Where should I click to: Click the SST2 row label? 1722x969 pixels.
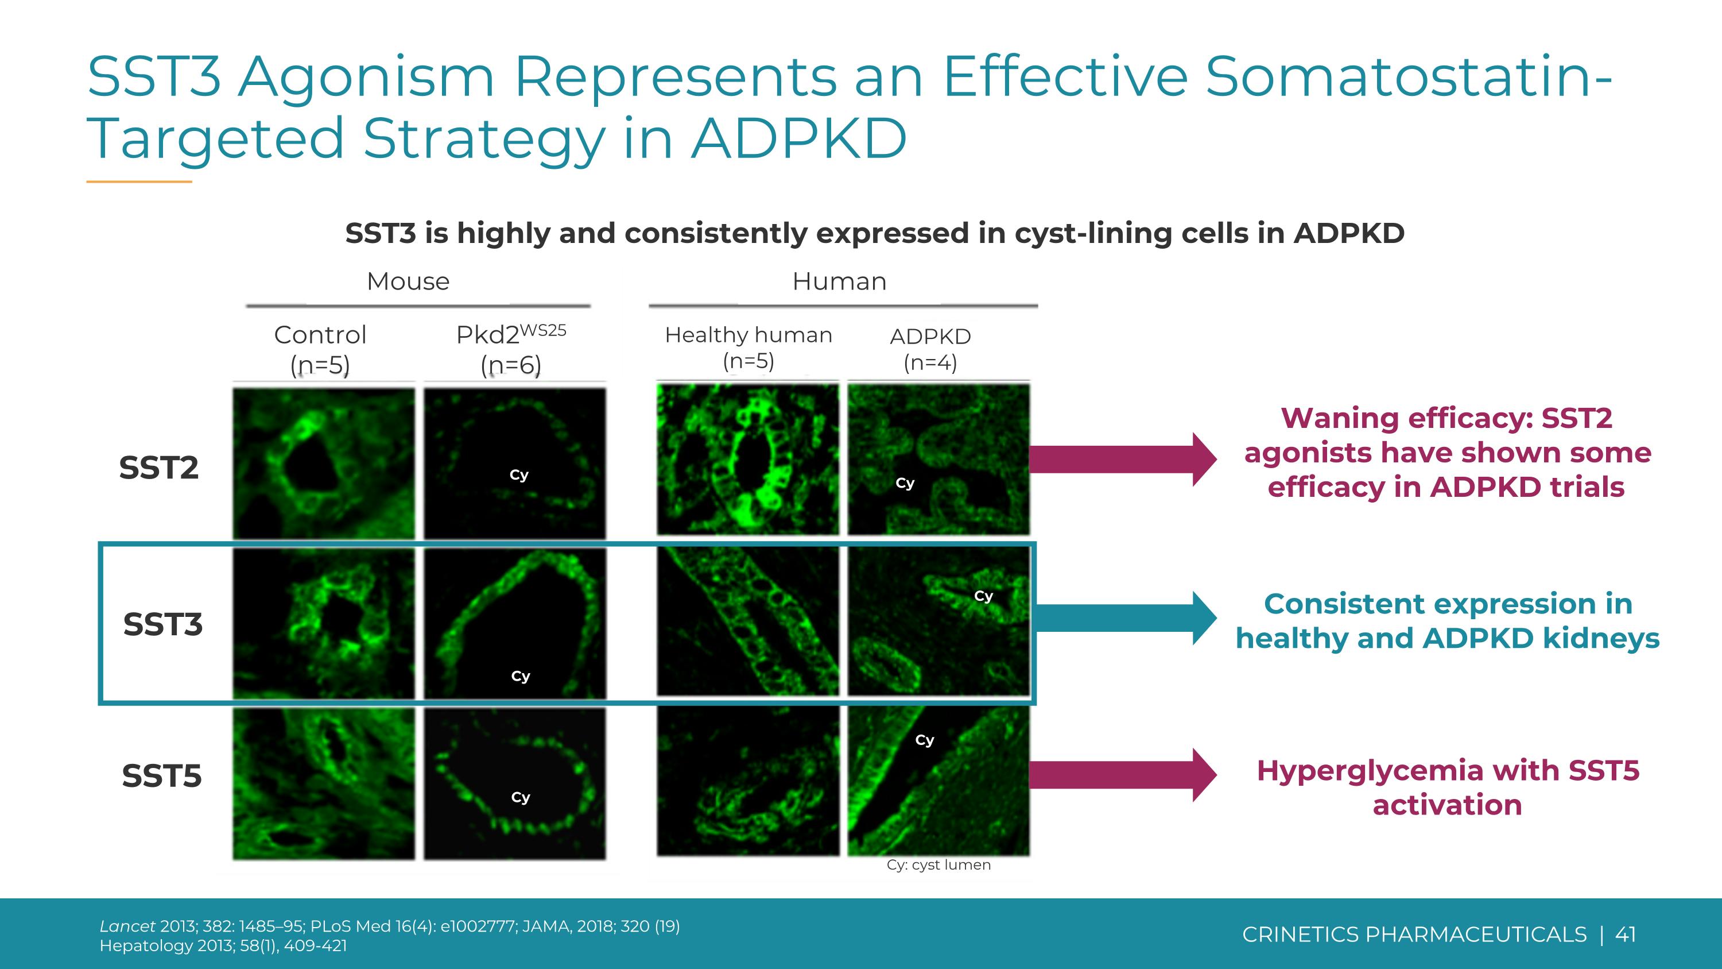tap(158, 468)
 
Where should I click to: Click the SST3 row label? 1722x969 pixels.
tap(162, 624)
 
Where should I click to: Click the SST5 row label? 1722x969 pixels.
tap(161, 776)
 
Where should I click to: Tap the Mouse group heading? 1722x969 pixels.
tap(408, 281)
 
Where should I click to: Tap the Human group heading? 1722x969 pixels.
tap(839, 281)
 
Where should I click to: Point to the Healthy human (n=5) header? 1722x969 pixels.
tap(748, 347)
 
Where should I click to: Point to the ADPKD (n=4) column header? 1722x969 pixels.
tap(930, 349)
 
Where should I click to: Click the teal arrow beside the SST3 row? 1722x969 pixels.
tap(1123, 618)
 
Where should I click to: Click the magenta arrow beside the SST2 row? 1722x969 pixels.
tap(1123, 460)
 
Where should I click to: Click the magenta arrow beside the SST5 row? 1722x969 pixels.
tap(1123, 774)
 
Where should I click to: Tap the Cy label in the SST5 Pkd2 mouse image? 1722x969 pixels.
tap(520, 797)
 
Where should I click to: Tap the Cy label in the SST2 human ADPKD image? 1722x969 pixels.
tap(905, 483)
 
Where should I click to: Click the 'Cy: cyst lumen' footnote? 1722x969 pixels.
tap(938, 864)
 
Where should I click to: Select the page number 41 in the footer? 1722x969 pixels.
tap(1625, 934)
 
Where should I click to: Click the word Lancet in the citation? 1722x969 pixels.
tap(127, 926)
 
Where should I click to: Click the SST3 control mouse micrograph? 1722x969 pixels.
tap(324, 623)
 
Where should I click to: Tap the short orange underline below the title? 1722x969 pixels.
tap(139, 182)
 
